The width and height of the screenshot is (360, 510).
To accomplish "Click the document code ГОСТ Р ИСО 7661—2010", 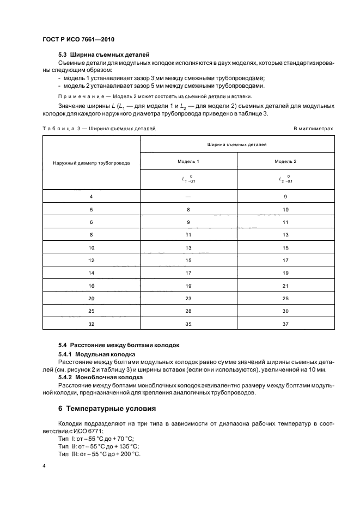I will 78,40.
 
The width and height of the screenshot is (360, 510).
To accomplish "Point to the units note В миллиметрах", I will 313,129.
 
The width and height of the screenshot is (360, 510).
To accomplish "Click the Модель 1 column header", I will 188,162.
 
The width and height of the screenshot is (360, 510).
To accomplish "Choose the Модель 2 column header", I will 285,162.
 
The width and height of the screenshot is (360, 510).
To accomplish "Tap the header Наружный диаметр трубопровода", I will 91,163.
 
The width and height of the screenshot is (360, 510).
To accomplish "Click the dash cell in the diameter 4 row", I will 188,196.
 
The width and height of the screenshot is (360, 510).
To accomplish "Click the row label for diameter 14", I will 91,272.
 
